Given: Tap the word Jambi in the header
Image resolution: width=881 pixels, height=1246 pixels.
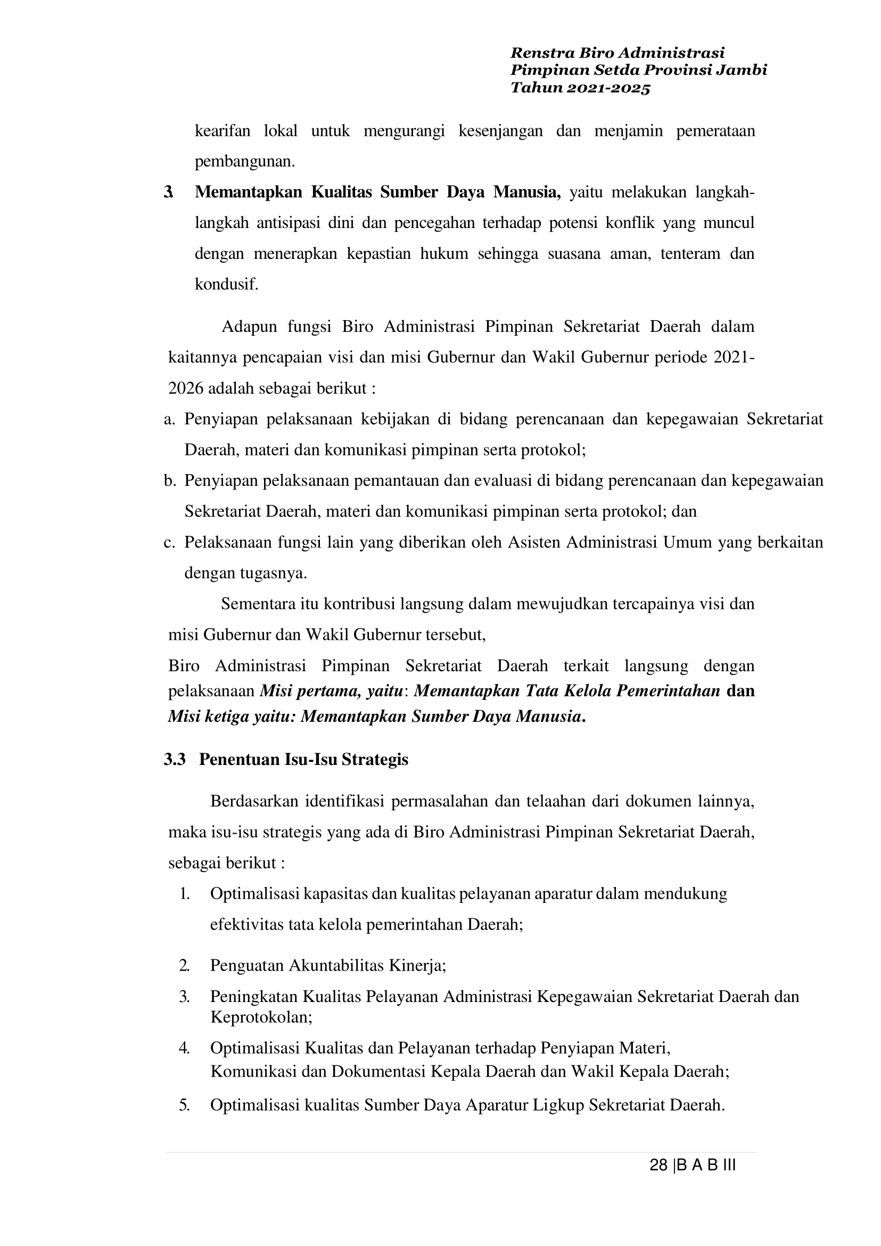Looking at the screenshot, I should coord(743,70).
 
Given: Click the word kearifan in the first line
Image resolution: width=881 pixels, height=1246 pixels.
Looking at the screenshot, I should coord(223,131).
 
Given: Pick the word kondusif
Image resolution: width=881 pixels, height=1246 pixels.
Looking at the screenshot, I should coord(226,284).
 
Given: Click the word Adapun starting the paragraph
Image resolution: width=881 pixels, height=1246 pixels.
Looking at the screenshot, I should coord(249,327).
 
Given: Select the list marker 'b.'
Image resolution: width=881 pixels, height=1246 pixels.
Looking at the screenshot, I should coord(170,481).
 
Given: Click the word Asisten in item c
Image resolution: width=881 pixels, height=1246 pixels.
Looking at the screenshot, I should coord(534,542).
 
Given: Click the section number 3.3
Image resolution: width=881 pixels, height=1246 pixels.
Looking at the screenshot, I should coord(175,759).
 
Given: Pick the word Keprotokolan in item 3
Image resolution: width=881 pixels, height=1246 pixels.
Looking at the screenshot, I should coord(261,1017).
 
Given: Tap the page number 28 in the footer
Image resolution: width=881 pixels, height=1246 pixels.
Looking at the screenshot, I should coord(658,1165).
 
